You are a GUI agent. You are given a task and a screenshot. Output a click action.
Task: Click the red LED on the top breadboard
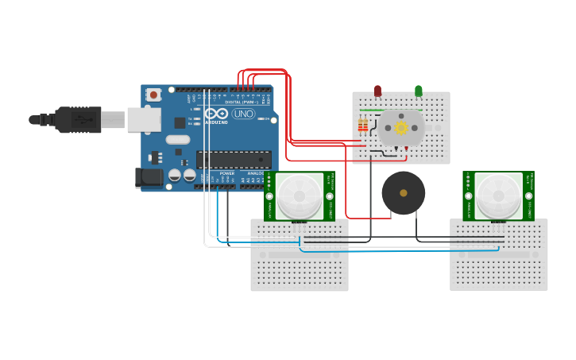tap(377, 91)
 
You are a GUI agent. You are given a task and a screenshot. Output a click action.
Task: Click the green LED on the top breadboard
tap(419, 91)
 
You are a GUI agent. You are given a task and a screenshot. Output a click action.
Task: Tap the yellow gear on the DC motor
tap(401, 127)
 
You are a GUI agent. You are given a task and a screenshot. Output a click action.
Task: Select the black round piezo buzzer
tap(404, 192)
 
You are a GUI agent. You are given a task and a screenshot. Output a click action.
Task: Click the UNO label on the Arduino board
tap(242, 113)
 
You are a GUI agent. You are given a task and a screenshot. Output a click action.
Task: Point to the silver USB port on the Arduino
tap(144, 119)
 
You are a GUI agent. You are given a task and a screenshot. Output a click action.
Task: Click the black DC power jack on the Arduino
tap(149, 177)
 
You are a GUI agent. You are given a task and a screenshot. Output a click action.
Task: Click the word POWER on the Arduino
tap(227, 172)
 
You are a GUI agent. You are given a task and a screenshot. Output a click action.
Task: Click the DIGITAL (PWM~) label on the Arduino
tap(243, 102)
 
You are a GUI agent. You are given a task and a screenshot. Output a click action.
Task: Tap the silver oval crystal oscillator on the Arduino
tap(178, 141)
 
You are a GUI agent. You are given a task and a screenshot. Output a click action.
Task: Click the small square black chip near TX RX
tap(180, 122)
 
